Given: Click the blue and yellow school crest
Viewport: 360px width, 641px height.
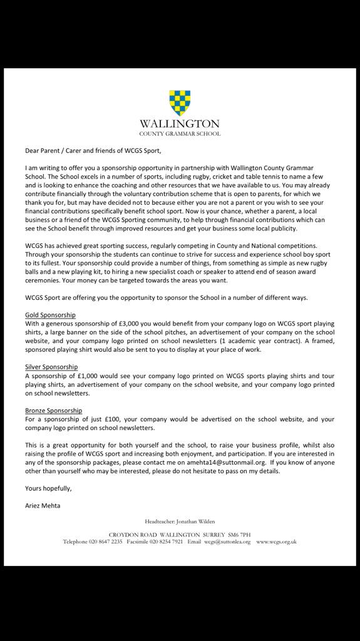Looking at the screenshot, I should [180, 103].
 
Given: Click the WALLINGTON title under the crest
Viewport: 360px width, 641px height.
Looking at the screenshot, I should [180, 124].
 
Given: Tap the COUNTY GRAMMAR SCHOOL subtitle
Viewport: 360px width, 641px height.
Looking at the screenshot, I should [180, 134].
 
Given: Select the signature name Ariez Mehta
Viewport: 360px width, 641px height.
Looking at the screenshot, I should [43, 505].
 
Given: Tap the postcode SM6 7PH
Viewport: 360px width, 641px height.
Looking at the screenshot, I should [239, 534].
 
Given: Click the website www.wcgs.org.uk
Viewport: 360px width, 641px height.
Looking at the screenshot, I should [276, 541].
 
